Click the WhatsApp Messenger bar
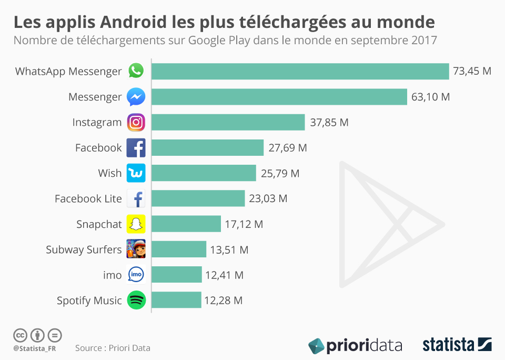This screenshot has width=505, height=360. pos(300,72)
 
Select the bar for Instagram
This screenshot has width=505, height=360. pos(228,122)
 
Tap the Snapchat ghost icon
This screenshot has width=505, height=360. pos(136,224)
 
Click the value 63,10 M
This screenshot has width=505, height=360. pos(431,97)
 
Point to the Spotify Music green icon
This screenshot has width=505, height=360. pos(136,301)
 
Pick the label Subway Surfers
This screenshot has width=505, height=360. pos(84,249)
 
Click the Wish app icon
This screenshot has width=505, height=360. pos(136,173)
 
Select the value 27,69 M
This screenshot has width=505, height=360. pos(288,148)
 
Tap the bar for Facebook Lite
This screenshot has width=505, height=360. pos(198,198)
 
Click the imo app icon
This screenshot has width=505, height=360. pos(136,275)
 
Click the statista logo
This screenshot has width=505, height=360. pos(457,345)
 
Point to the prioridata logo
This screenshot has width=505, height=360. pos(355,346)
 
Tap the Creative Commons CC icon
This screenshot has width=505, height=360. pos(20,335)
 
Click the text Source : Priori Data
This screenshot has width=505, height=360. pos(113,348)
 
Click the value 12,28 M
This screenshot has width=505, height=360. pos(224,301)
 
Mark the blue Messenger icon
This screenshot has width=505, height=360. pos(136,97)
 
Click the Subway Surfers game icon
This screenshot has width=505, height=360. pos(136,249)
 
